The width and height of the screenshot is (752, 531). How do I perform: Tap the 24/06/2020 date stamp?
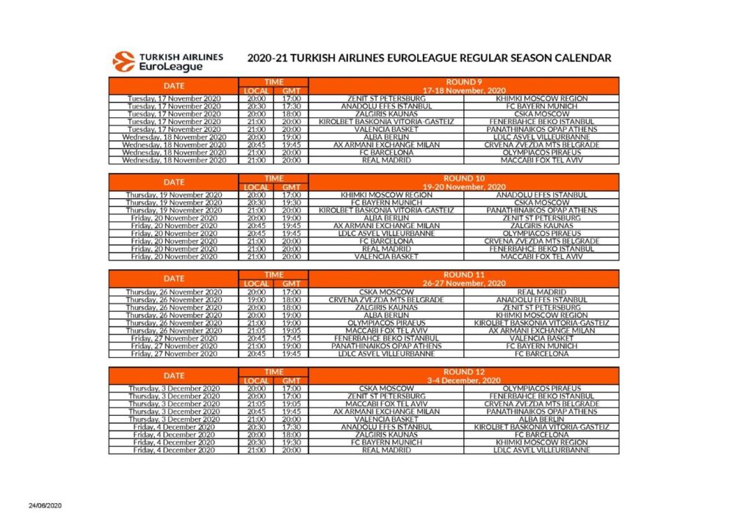[46, 506]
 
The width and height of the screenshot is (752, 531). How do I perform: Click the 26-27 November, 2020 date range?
[463, 283]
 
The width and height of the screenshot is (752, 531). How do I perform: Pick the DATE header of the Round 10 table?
[174, 182]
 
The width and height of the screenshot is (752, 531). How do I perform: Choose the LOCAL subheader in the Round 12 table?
[256, 381]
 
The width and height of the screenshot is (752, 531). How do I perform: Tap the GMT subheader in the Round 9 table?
[292, 91]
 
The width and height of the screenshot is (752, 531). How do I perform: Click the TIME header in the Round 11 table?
[274, 275]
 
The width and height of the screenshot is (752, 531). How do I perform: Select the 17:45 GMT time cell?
[292, 338]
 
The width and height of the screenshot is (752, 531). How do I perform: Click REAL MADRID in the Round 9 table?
[386, 160]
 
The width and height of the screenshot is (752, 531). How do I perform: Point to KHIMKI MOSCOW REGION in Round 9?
[541, 98]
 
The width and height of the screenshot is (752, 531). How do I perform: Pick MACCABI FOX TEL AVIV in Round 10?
[541, 257]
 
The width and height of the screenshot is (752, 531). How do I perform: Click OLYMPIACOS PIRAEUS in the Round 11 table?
[386, 323]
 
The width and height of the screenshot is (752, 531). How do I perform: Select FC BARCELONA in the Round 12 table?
[541, 434]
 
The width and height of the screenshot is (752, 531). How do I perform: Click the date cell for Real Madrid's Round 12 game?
[174, 450]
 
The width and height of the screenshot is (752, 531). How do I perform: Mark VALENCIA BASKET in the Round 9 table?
[386, 129]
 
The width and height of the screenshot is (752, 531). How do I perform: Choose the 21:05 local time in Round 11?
[256, 331]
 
